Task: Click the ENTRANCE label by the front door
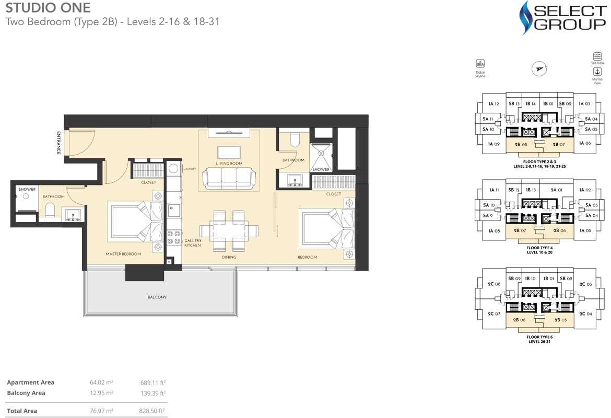[x=59, y=142]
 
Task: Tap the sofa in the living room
[x=229, y=178]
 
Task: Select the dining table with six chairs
[x=229, y=230]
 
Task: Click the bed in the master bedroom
[x=135, y=222]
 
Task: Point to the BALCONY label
[x=157, y=297]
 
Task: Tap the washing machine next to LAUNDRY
[x=173, y=168]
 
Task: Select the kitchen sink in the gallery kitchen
[x=173, y=210]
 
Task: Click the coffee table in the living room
[x=229, y=152]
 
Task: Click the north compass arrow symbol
[x=539, y=68]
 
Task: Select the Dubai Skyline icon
[x=480, y=64]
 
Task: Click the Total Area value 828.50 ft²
[x=153, y=411]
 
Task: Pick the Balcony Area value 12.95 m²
[x=101, y=393]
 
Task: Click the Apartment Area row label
[x=31, y=382]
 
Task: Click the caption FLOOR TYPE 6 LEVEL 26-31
[x=539, y=339]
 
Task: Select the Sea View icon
[x=597, y=56]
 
